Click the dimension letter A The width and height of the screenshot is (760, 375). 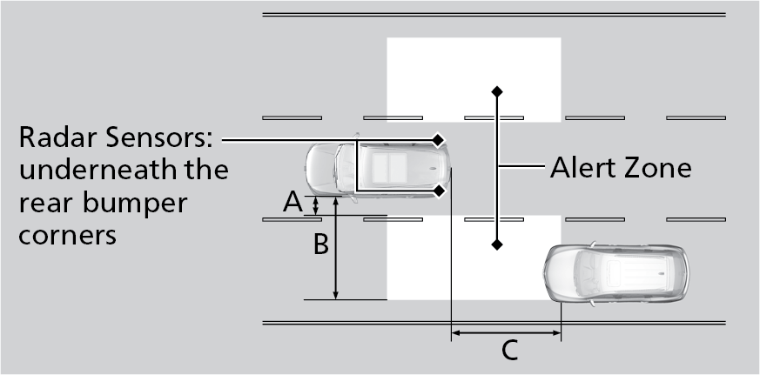pos(293,203)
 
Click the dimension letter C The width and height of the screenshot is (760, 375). pos(509,351)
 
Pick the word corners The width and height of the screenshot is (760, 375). pos(67,234)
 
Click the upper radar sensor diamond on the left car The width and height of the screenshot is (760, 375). pos(439,139)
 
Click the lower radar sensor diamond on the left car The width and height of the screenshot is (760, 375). pos(439,190)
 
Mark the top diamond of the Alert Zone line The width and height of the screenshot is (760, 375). pos(496,90)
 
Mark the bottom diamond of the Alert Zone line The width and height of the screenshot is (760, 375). pos(496,244)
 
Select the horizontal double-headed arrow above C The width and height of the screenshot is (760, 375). pos(506,331)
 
